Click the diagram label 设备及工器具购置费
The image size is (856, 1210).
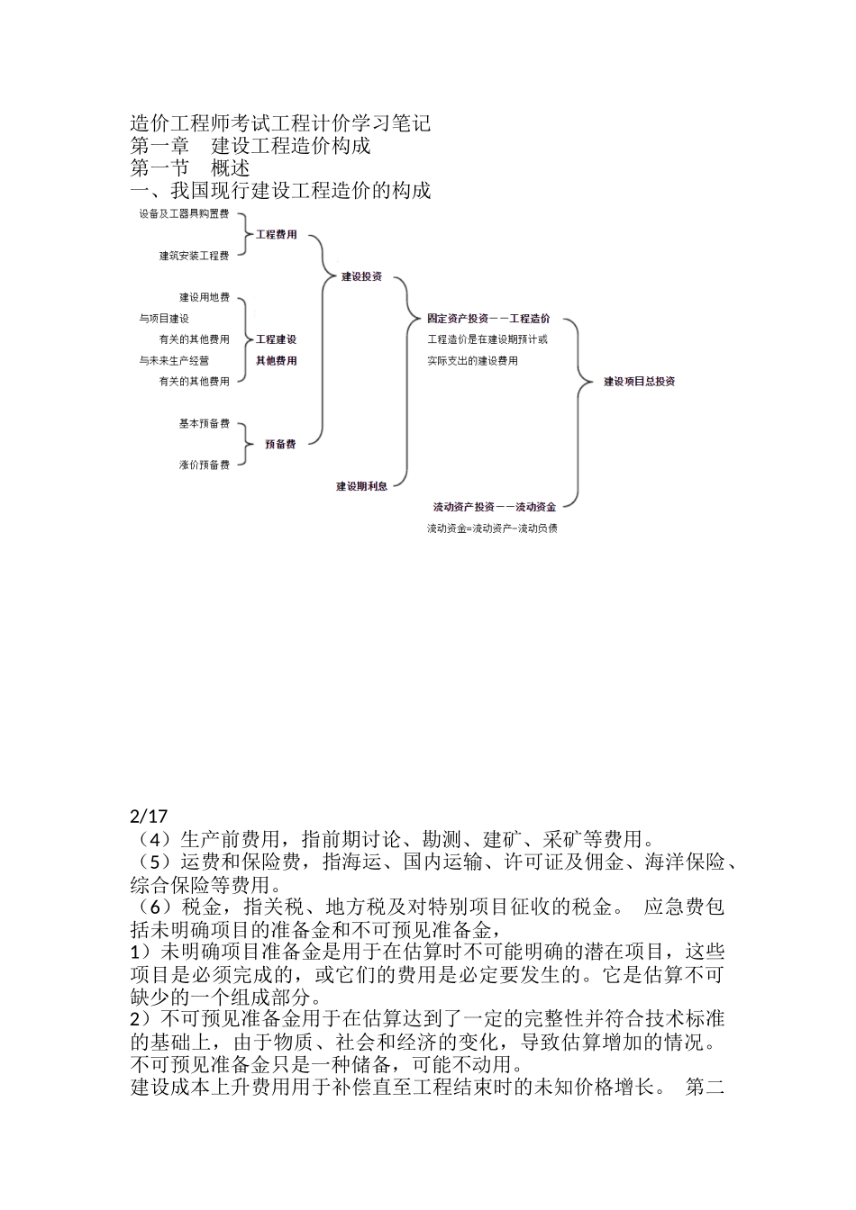click(184, 214)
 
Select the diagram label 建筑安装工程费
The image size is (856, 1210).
click(194, 256)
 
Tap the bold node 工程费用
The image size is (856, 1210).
click(277, 235)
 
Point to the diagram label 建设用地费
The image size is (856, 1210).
click(204, 297)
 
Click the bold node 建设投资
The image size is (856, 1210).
click(361, 276)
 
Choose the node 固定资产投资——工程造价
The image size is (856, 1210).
click(488, 319)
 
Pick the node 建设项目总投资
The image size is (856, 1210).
click(639, 382)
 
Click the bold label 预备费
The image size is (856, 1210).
click(280, 444)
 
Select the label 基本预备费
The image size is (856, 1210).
click(204, 423)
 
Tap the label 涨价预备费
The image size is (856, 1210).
click(204, 465)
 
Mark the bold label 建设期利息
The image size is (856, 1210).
click(362, 486)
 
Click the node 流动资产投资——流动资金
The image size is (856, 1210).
click(494, 507)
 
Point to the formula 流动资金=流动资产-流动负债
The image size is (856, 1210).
click(492, 528)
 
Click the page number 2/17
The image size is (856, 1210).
click(149, 817)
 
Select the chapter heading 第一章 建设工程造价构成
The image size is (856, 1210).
click(250, 145)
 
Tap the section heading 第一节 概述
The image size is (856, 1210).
click(190, 167)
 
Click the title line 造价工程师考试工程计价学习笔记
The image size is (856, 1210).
click(280, 122)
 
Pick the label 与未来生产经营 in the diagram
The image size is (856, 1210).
click(174, 361)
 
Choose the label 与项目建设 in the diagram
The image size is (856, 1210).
click(164, 319)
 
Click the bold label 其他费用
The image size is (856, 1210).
click(276, 361)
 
